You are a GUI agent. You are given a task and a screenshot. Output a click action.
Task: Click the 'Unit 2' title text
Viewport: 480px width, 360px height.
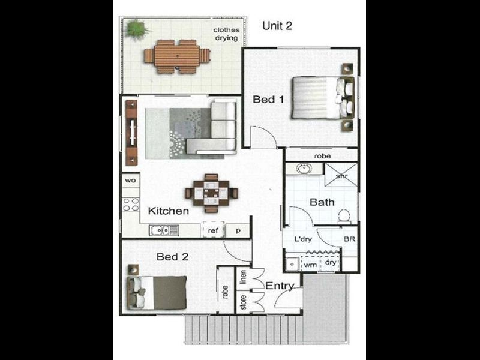pyautogui.click(x=277, y=26)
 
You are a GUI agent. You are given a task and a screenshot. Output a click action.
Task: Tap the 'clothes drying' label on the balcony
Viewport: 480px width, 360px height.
pyautogui.click(x=227, y=34)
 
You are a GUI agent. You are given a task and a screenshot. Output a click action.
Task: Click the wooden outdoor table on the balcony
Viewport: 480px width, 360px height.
pyautogui.click(x=177, y=56)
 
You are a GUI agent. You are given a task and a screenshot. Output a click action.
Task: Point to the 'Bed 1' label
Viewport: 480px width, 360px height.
pyautogui.click(x=268, y=100)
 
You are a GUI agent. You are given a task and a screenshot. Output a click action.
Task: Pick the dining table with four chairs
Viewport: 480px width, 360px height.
pyautogui.click(x=211, y=193)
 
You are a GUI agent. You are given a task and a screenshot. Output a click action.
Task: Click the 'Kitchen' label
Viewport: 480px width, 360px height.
pyautogui.click(x=169, y=211)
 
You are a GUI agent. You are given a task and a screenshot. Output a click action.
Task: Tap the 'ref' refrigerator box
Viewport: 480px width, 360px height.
pyautogui.click(x=212, y=230)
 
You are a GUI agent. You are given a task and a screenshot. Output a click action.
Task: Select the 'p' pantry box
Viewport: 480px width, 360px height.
pyautogui.click(x=238, y=230)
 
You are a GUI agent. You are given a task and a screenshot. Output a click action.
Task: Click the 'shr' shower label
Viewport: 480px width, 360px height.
pyautogui.click(x=341, y=176)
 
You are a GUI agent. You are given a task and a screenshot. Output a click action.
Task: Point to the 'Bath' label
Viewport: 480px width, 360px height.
pyautogui.click(x=322, y=202)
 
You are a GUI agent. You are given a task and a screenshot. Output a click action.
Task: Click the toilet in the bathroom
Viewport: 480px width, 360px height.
pyautogui.click(x=344, y=215)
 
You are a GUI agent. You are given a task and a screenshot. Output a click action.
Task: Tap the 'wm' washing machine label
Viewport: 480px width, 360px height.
pyautogui.click(x=310, y=263)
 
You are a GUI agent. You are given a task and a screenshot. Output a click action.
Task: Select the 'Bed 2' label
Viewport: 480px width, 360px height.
pyautogui.click(x=173, y=257)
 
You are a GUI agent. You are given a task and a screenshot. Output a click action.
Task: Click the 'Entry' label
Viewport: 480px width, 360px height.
pyautogui.click(x=280, y=286)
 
